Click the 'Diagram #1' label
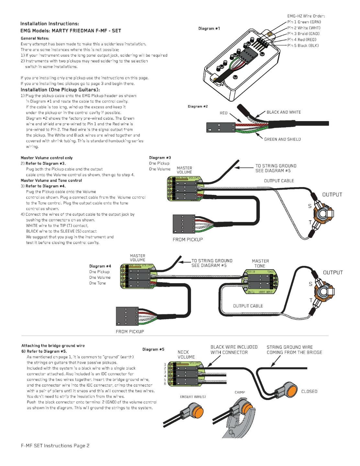209,28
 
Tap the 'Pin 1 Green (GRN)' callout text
304,22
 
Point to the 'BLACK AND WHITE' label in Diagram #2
284,112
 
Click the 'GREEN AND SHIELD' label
282,139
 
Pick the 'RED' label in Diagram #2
223,113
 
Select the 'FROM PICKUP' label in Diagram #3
188,239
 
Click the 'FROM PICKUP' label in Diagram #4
130,331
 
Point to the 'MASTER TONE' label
260,263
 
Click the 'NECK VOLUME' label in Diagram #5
186,354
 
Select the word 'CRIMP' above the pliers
240,393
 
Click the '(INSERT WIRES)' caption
193,396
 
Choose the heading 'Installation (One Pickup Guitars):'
60,90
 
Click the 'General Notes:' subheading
35,38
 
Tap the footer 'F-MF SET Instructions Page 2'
55,446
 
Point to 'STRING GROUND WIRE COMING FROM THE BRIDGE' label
294,349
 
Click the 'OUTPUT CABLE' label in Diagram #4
248,306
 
